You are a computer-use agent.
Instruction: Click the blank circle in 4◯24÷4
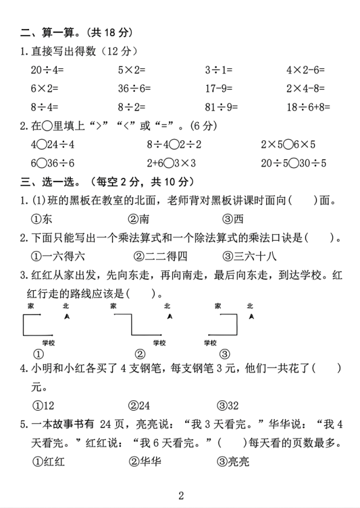click(41, 145)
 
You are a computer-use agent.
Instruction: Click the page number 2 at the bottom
click(180, 496)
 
